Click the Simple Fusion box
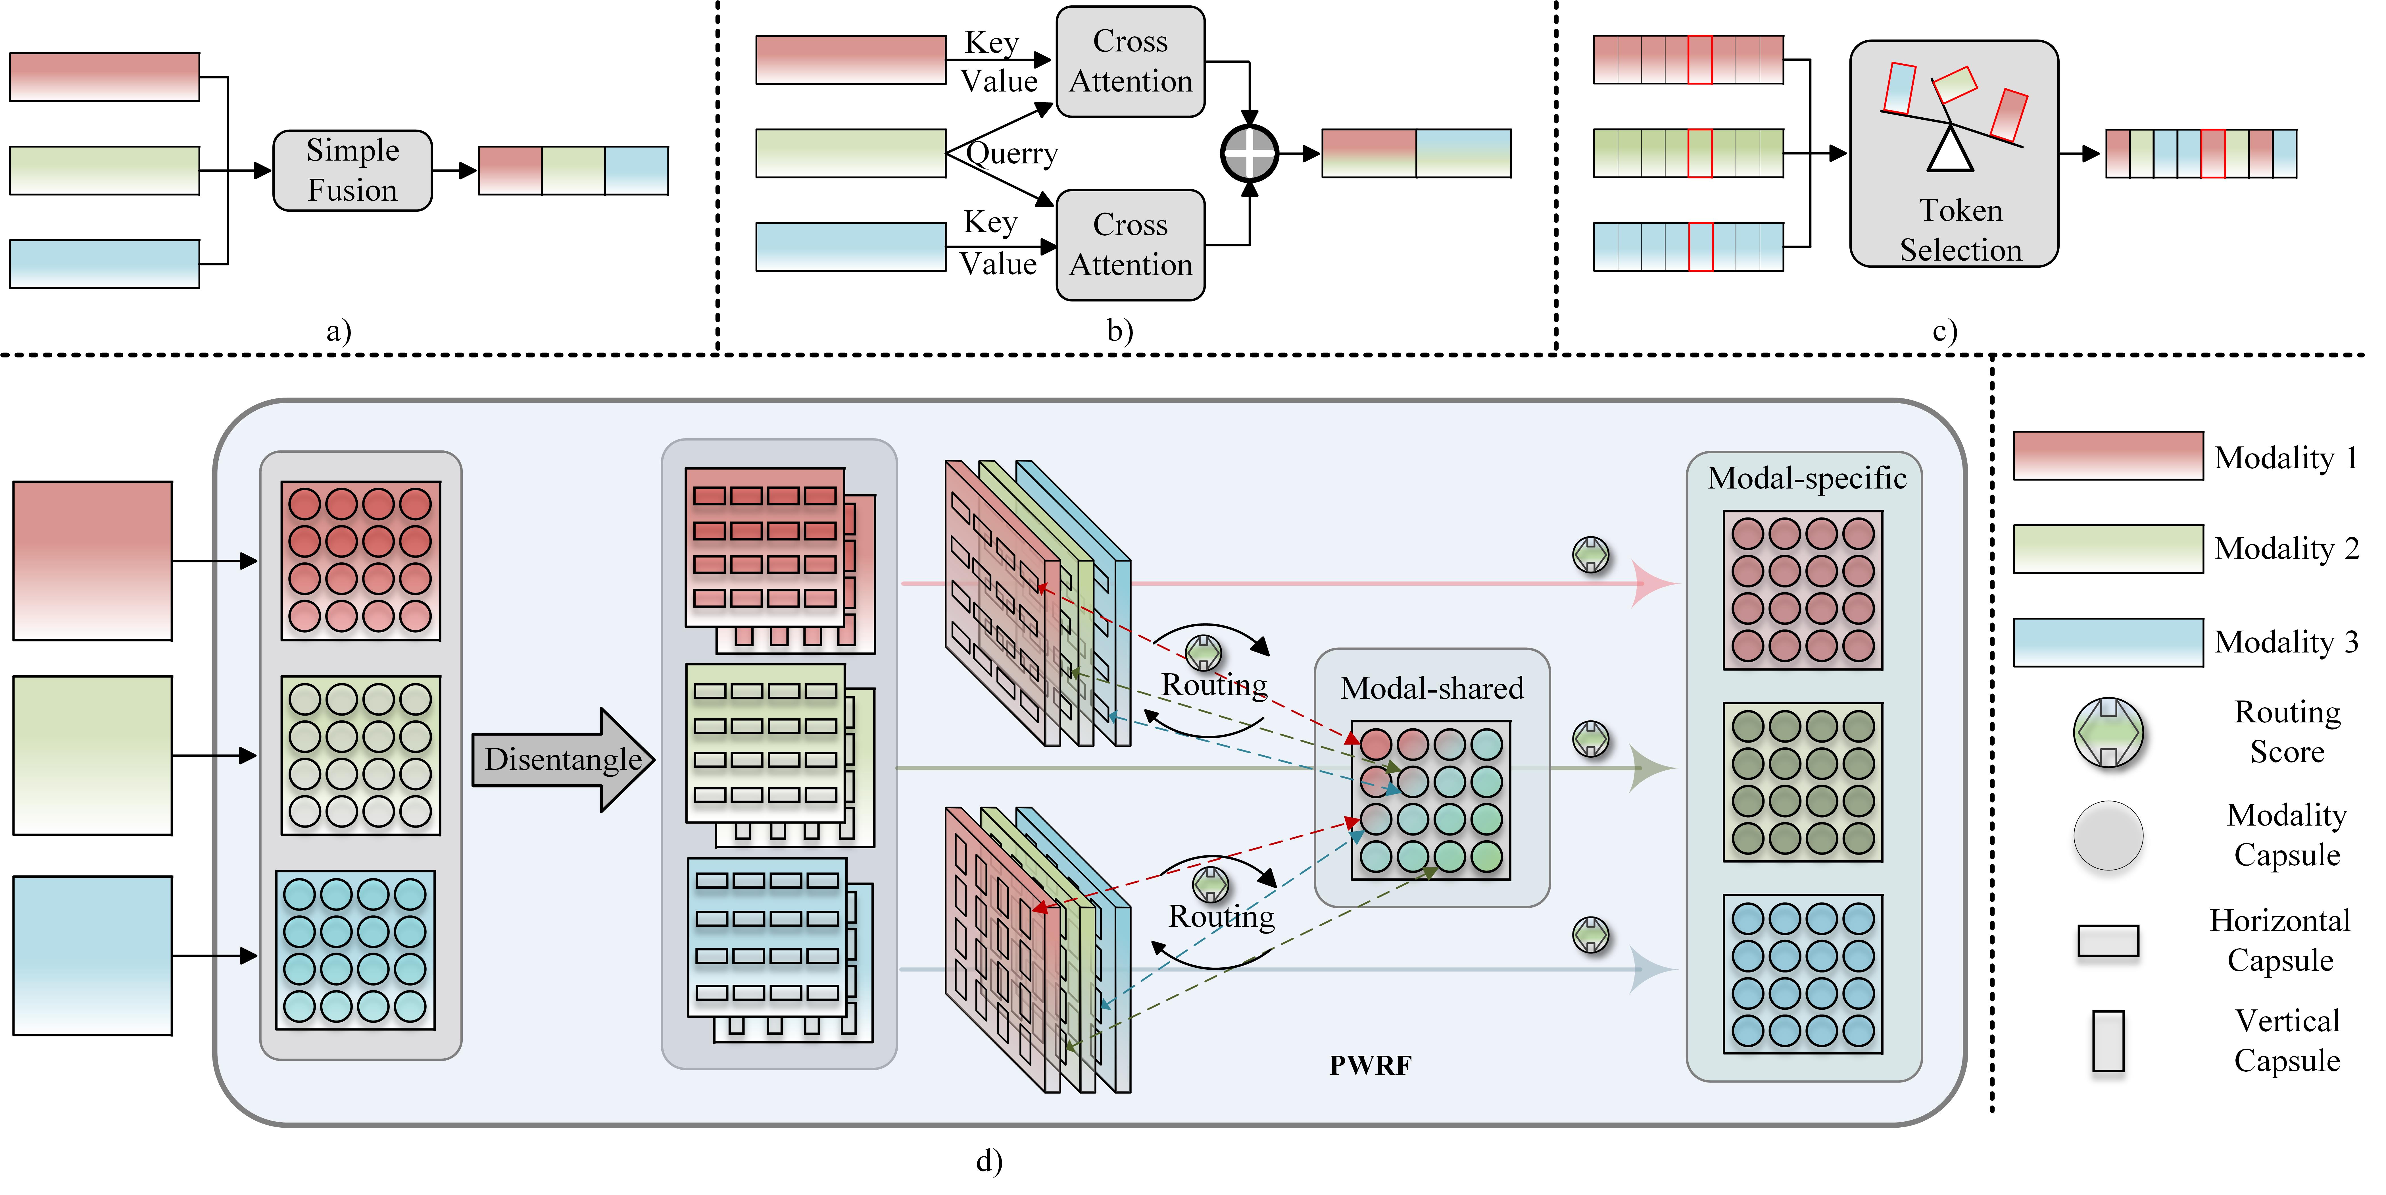352,171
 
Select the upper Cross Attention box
1130,61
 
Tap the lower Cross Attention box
1130,245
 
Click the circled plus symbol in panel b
1250,154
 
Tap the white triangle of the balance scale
1951,151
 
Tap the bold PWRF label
1370,1065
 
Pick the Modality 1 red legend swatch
2108,456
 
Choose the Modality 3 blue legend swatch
2108,642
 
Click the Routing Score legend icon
2108,732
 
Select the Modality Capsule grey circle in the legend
2108,836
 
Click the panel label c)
1944,331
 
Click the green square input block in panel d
93,755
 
